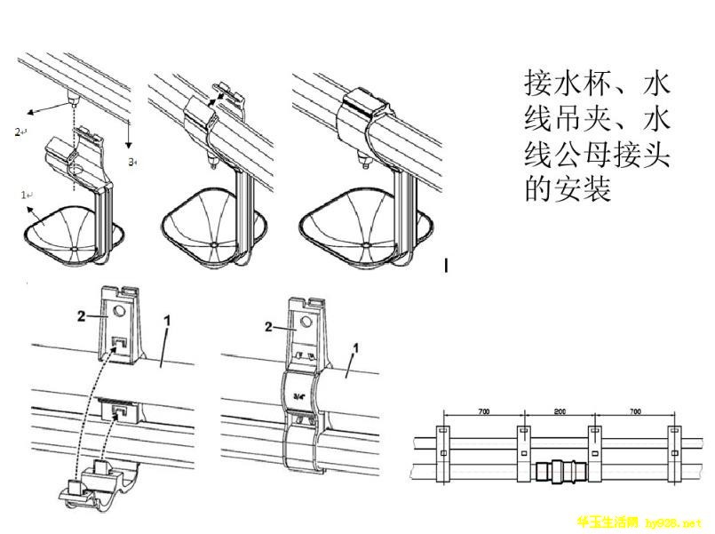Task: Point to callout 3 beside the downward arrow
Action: pos(131,162)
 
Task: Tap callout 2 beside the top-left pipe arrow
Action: pos(19,131)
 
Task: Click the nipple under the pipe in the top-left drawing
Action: pos(71,95)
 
